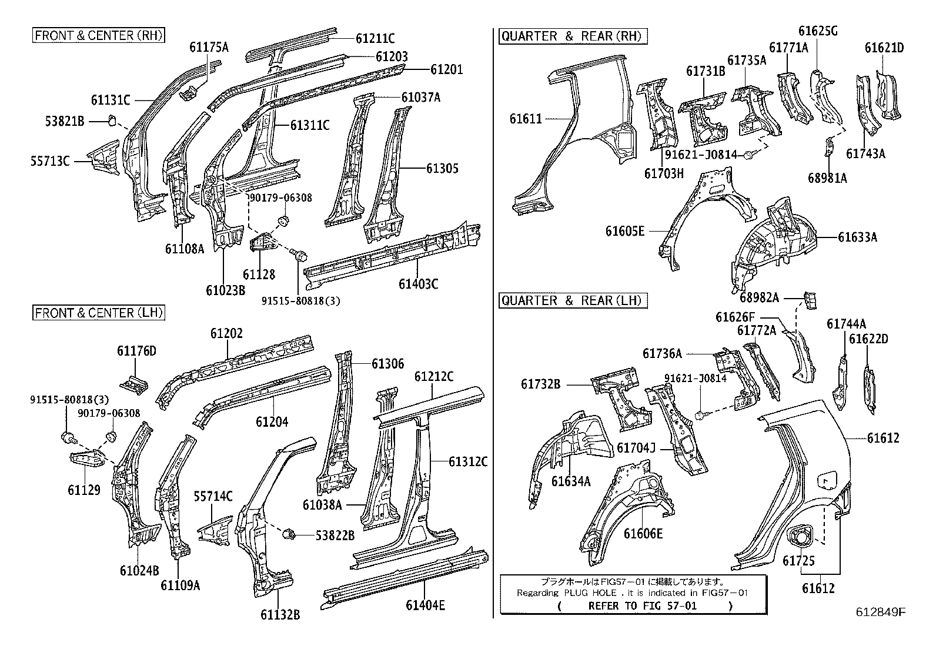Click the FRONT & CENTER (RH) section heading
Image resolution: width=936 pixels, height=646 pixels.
[98, 35]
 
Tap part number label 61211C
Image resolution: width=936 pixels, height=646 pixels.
[375, 38]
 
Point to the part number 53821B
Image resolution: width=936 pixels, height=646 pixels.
[65, 122]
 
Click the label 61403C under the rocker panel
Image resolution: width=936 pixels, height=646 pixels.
[418, 284]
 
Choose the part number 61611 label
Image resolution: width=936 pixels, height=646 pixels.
[525, 119]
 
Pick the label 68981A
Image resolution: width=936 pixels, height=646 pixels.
[827, 178]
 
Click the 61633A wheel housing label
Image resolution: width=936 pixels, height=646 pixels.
[857, 237]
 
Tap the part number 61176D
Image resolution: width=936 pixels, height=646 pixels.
[136, 352]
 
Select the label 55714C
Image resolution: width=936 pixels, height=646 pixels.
[213, 497]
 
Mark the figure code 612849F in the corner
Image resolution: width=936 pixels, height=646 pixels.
[880, 612]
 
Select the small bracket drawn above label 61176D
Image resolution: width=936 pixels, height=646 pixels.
[135, 383]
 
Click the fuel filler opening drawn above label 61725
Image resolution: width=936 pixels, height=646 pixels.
[800, 535]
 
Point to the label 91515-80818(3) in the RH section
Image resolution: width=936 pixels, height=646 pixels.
[301, 300]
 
